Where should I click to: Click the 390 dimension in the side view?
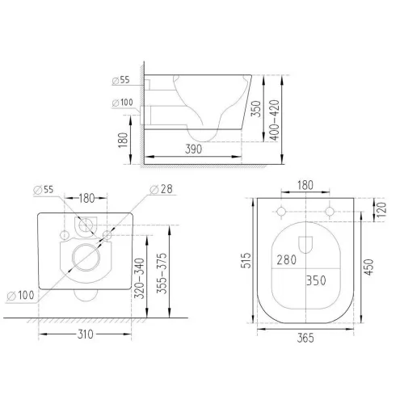tap(193, 149)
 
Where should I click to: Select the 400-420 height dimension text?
tap(275, 120)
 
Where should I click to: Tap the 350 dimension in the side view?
tap(256, 108)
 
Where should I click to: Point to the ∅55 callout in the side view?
tap(121, 80)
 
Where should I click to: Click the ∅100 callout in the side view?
tap(123, 103)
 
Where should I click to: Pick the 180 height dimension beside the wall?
tap(123, 140)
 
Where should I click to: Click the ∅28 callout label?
tap(161, 189)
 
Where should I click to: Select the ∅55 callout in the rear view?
tap(44, 190)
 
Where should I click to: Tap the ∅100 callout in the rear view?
tap(20, 296)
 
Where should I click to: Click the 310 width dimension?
tap(86, 335)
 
